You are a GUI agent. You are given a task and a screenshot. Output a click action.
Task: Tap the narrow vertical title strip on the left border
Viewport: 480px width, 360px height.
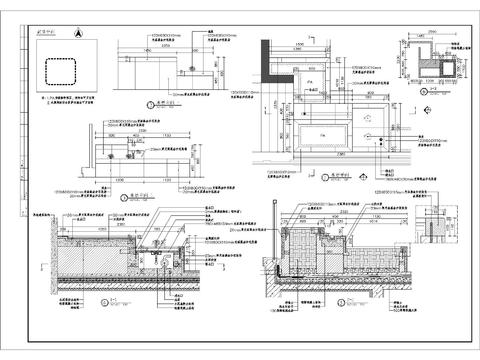point(22,180)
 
